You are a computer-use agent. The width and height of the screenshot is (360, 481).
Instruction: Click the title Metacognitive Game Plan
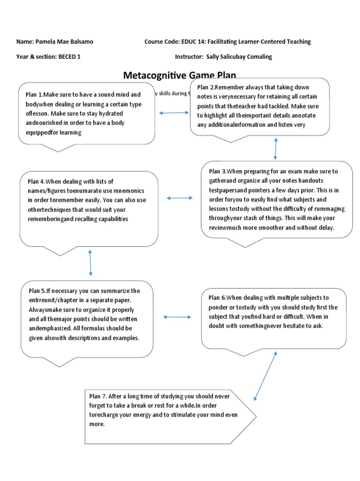180,75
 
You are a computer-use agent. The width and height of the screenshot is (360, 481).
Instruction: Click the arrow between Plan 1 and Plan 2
174,113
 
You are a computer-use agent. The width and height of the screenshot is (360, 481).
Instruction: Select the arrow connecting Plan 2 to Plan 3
276,149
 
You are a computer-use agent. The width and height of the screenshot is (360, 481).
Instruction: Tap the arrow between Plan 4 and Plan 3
180,198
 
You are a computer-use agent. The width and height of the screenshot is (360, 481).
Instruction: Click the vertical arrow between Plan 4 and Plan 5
90,263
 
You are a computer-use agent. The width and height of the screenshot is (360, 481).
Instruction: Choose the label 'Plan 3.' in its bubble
218,171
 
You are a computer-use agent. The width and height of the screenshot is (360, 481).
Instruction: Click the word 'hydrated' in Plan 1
124,114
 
